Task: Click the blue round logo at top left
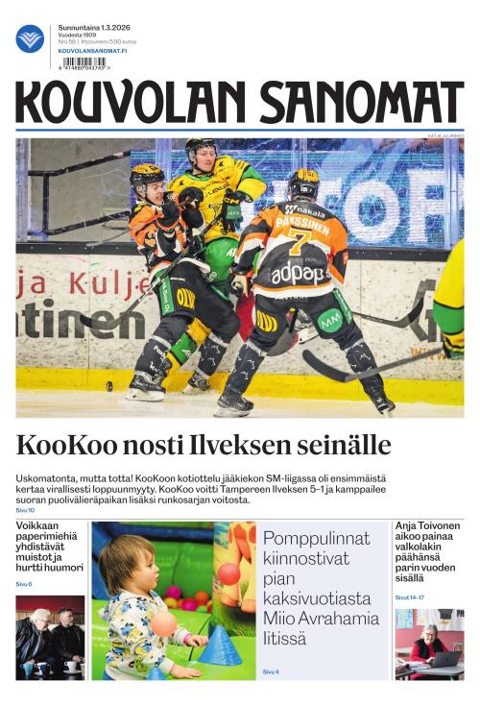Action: (x=30, y=38)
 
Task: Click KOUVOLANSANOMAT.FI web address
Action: (x=92, y=50)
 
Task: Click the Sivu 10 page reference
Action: (x=25, y=510)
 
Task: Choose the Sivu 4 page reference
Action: (x=271, y=671)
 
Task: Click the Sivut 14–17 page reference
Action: (x=410, y=596)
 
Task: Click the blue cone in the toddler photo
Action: (x=220, y=645)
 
